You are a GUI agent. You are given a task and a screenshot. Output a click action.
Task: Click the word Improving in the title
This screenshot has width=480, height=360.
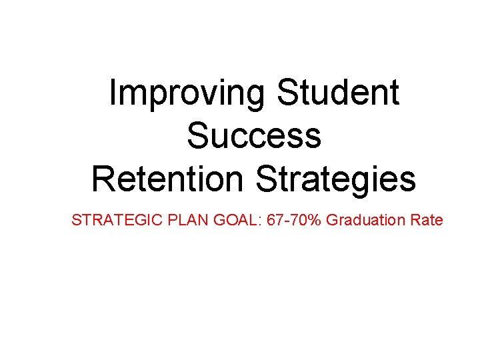(x=187, y=94)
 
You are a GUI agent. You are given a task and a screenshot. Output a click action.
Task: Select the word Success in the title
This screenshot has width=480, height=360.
(x=254, y=135)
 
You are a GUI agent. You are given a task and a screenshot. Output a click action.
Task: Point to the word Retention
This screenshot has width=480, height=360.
(x=169, y=178)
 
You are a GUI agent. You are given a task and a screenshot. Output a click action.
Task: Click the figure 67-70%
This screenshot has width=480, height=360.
(x=295, y=219)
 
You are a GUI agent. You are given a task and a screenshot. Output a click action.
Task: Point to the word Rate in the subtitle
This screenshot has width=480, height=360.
(x=427, y=219)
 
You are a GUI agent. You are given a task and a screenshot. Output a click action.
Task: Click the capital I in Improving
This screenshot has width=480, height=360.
(x=113, y=93)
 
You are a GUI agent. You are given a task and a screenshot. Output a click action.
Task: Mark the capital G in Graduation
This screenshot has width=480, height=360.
(x=332, y=219)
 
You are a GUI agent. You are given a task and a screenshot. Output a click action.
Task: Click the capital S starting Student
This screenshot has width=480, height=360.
(x=287, y=93)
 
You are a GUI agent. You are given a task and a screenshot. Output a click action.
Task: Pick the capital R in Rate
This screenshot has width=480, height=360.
(x=415, y=219)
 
